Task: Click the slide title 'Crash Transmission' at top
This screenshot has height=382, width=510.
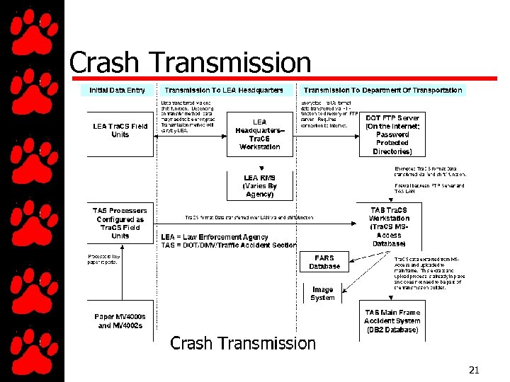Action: pos(190,63)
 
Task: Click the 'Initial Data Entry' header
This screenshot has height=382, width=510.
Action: pos(117,91)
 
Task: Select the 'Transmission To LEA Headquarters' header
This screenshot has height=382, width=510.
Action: pos(224,91)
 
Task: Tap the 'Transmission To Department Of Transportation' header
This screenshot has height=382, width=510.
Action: pos(382,91)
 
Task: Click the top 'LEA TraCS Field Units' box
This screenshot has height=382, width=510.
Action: pos(120,131)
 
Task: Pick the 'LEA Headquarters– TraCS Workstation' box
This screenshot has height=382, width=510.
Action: pos(259,134)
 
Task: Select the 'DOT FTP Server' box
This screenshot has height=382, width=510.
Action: pos(392,134)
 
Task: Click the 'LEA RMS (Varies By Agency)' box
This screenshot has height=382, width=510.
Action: pos(259,186)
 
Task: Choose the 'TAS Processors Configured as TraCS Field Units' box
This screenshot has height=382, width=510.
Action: pos(120,223)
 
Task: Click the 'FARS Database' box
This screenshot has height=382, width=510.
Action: pos(324,262)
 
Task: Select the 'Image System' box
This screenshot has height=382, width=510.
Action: pos(322,294)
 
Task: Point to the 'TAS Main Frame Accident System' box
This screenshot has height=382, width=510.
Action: pos(392,321)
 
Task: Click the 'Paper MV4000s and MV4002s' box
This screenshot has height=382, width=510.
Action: pos(120,321)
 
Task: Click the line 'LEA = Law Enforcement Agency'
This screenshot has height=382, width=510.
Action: pos(214,237)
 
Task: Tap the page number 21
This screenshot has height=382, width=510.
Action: pos(474,370)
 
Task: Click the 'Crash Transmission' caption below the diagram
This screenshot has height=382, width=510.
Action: pos(243,344)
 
